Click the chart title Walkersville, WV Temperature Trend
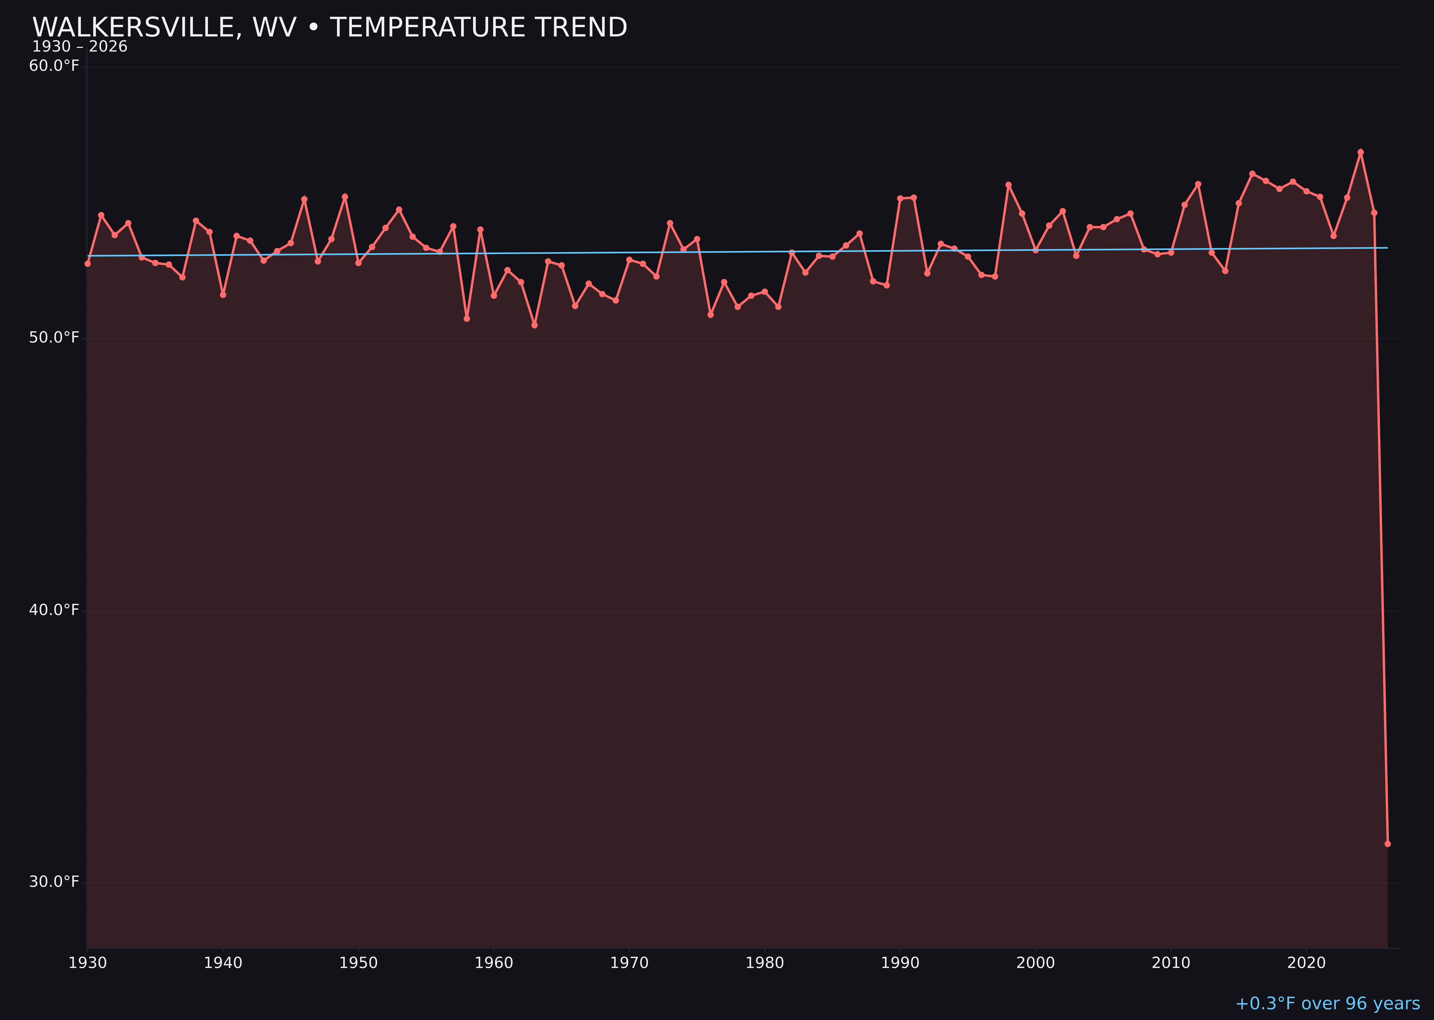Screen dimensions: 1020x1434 (x=329, y=28)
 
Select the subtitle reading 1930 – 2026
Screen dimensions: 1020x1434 (x=80, y=47)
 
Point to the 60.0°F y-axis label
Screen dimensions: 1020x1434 (x=54, y=66)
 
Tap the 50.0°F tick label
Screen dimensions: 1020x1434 (x=54, y=338)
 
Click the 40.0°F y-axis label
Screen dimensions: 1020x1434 (x=54, y=610)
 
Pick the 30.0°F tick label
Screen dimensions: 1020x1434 (x=54, y=882)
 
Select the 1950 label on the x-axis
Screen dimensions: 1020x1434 (x=358, y=963)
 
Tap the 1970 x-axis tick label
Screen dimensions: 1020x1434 (x=629, y=963)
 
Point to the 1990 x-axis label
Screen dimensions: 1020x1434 (x=900, y=963)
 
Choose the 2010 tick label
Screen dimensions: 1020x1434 (x=1171, y=963)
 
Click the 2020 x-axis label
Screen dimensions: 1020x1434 (x=1306, y=963)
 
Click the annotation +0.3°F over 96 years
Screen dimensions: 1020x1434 (x=1327, y=1004)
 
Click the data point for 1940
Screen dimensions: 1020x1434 (x=223, y=294)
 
